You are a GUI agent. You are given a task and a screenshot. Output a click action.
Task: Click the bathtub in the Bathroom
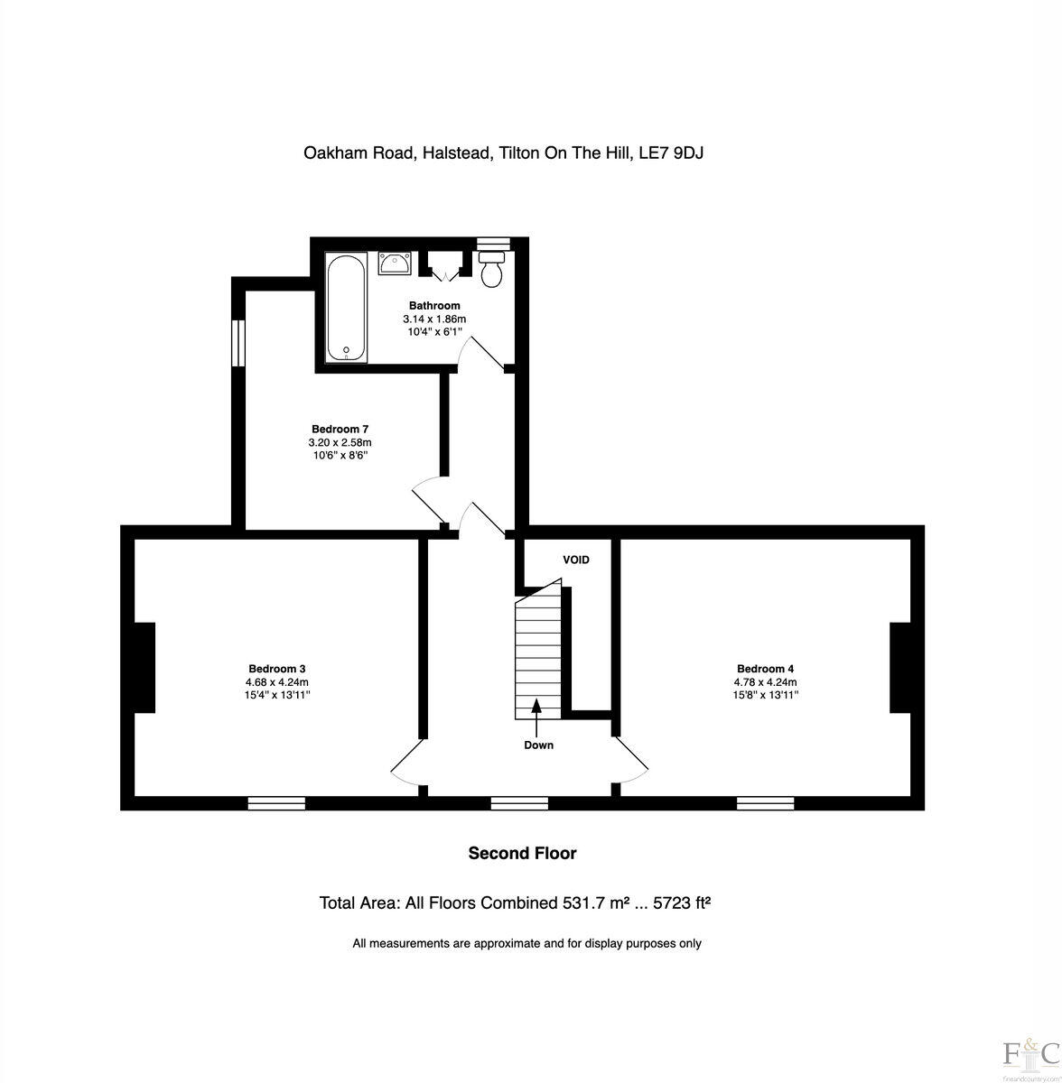(x=346, y=307)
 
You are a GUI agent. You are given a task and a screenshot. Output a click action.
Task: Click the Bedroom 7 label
(x=340, y=429)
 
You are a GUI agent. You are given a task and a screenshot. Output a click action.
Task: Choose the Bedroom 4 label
(x=765, y=669)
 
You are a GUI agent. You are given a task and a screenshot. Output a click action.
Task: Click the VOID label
(x=576, y=560)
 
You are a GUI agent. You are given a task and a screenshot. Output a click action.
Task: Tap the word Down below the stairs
(x=538, y=745)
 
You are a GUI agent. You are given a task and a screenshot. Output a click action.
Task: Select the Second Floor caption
(x=522, y=853)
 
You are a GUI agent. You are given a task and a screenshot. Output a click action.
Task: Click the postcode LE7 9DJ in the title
(x=671, y=153)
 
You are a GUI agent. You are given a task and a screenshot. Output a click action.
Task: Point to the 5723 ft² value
(x=676, y=902)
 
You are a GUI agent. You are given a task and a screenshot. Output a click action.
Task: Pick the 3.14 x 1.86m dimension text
(x=434, y=319)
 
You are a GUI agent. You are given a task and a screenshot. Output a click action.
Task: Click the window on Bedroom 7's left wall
(x=238, y=343)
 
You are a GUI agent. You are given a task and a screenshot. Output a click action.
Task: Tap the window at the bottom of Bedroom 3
(x=276, y=802)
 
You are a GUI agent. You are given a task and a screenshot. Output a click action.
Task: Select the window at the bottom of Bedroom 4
(x=766, y=802)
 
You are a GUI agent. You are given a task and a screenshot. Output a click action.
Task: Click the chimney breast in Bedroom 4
(x=900, y=668)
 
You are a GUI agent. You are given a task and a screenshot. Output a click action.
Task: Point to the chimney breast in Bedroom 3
(x=144, y=668)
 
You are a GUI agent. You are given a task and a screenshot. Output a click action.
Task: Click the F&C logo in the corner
(x=1030, y=1052)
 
